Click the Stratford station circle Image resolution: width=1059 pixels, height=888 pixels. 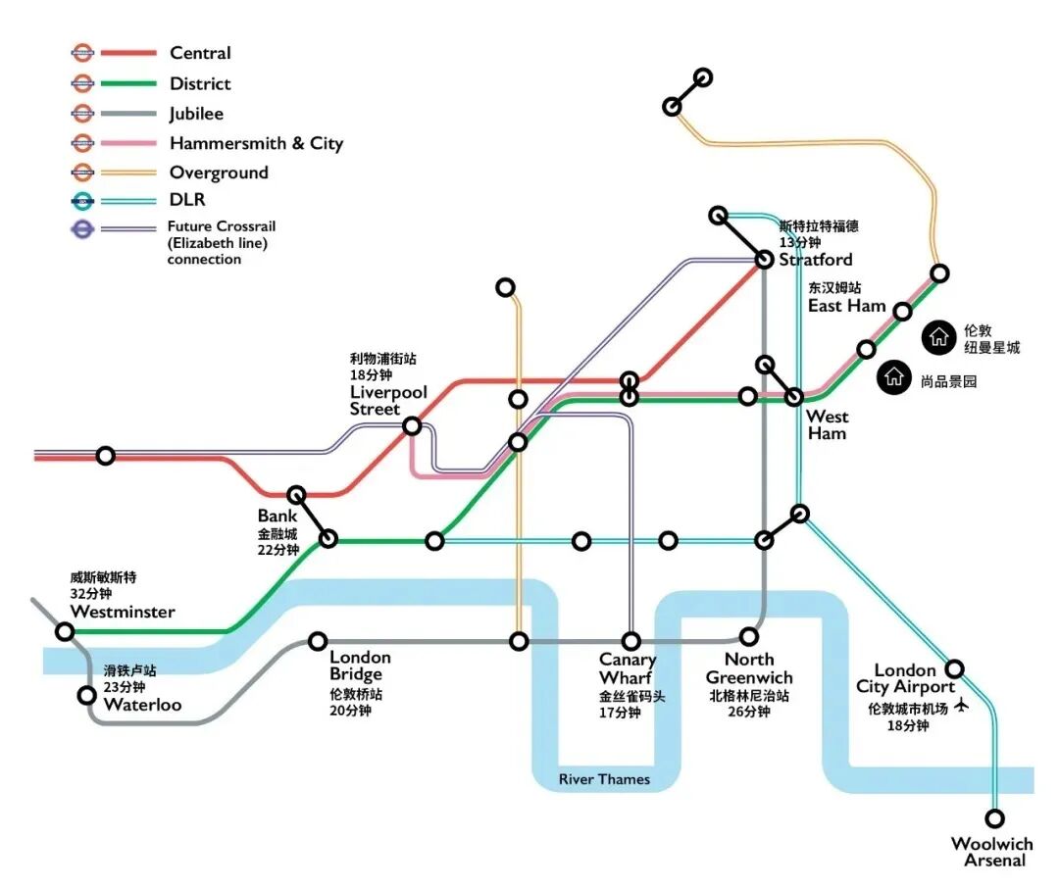pyautogui.click(x=765, y=260)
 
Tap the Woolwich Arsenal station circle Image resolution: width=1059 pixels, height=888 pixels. pyautogui.click(x=996, y=817)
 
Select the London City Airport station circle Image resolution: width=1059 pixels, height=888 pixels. pyautogui.click(x=954, y=669)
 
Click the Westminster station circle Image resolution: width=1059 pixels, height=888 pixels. pyautogui.click(x=66, y=632)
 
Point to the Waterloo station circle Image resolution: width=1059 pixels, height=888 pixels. pyautogui.click(x=87, y=696)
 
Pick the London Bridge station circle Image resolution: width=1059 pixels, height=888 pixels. pyautogui.click(x=318, y=641)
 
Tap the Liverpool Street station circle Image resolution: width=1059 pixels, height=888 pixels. pyautogui.click(x=413, y=425)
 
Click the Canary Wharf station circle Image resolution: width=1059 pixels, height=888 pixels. pyautogui.click(x=632, y=641)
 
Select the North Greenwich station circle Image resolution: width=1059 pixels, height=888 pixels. pyautogui.click(x=750, y=636)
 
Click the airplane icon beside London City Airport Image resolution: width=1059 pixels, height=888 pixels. pyautogui.click(x=960, y=706)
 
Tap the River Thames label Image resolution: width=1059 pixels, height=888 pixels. pyautogui.click(x=604, y=779)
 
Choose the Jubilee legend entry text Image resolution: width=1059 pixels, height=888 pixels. pyautogui.click(x=196, y=114)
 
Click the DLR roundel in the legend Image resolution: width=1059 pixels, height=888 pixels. pyautogui.click(x=83, y=202)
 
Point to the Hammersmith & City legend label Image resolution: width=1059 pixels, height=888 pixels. pyautogui.click(x=256, y=143)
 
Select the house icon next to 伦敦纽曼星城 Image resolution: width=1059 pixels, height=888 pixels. pyautogui.click(x=938, y=336)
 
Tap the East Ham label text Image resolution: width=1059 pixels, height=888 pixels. pyautogui.click(x=846, y=306)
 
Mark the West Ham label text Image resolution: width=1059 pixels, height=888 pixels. pyautogui.click(x=827, y=425)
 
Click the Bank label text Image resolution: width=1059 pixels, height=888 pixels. pyautogui.click(x=277, y=516)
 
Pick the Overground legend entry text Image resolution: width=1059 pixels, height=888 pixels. pyautogui.click(x=219, y=173)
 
